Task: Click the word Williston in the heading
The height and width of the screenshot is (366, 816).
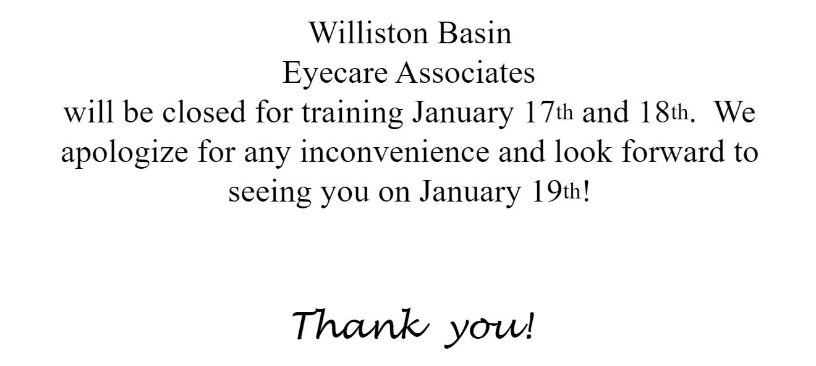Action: tap(368, 33)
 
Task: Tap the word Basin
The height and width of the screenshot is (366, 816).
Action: tap(475, 33)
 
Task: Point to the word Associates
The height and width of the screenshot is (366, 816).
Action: tap(465, 73)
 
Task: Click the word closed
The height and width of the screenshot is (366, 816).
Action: tap(204, 112)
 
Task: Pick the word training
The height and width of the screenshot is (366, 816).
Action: tap(352, 114)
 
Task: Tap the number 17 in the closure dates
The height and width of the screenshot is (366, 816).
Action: tap(540, 113)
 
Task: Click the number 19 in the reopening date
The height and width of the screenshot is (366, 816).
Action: tap(547, 192)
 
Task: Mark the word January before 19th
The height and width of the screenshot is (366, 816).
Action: tap(470, 193)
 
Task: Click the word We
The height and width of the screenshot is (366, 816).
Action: tap(736, 113)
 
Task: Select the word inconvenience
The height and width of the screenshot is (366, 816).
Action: tap(395, 151)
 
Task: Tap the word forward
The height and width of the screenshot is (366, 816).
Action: tap(673, 151)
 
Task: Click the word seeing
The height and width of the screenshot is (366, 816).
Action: tap(270, 193)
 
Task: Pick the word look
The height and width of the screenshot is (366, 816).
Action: tap(583, 151)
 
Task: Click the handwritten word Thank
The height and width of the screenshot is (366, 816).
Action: tap(360, 324)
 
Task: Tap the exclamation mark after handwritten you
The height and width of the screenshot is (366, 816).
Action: tap(530, 325)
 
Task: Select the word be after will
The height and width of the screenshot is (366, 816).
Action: tap(138, 112)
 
